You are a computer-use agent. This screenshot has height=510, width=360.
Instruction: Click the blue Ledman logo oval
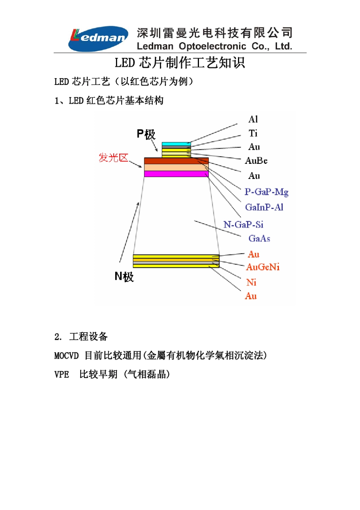98,38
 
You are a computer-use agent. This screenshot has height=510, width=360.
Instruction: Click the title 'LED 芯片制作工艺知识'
180,63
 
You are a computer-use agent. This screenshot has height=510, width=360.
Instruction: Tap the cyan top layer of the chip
176,144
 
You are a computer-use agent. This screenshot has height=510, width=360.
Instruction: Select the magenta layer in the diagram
176,174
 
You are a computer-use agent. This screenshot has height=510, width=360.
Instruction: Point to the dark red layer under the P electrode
176,161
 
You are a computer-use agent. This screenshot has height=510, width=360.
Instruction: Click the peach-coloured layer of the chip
176,167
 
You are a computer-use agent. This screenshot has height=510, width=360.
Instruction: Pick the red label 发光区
113,157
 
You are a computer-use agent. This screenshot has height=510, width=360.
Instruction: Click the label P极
146,134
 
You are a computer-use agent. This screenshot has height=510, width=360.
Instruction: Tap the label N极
124,276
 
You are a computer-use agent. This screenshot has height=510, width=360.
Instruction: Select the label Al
253,119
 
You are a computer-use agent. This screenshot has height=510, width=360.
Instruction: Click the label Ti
253,133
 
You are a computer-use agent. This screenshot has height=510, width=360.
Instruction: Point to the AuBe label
256,161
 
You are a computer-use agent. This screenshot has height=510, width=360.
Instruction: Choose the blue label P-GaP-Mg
266,192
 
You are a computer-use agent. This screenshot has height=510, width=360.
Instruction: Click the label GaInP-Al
264,207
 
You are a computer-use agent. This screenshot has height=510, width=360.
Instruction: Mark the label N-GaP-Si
243,224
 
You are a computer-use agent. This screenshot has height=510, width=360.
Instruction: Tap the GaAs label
259,239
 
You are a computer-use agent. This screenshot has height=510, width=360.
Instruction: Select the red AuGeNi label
263,267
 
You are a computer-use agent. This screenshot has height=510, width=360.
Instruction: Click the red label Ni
251,282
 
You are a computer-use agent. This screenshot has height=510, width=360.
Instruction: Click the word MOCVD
66,356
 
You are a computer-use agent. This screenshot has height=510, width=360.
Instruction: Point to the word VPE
61,375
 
